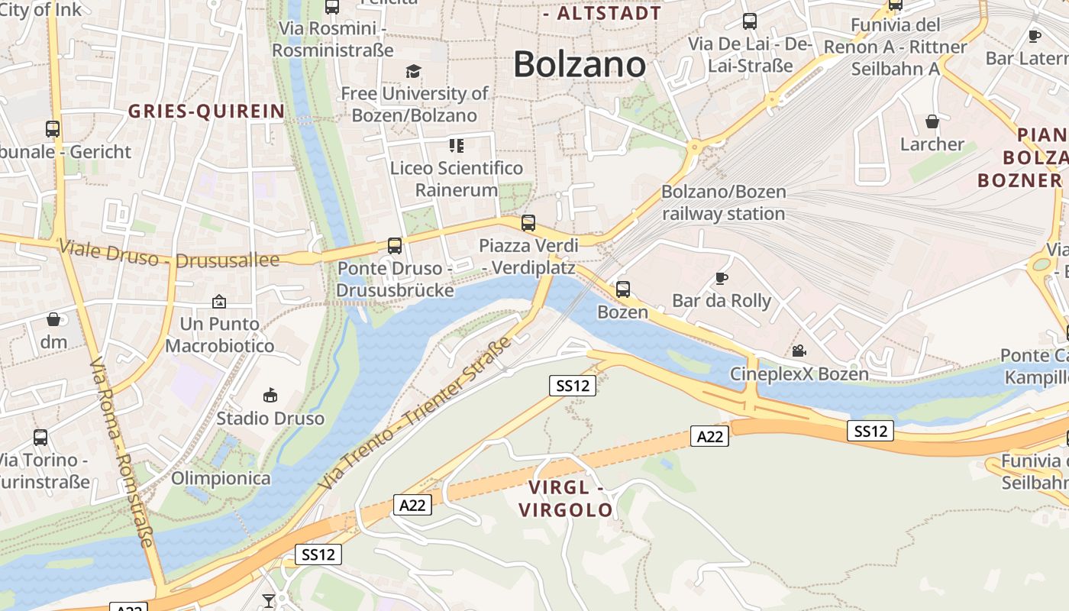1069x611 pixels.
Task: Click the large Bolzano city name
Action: click(x=580, y=64)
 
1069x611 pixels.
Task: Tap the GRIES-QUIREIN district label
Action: click(x=206, y=112)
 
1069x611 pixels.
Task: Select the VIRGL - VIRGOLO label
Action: click(x=566, y=499)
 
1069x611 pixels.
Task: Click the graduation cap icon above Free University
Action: click(x=413, y=71)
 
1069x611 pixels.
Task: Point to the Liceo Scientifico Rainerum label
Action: click(x=457, y=179)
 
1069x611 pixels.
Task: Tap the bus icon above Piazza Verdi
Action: click(x=528, y=223)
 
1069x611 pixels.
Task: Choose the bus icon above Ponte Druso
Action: click(x=394, y=246)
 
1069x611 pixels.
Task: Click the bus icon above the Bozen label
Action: click(x=623, y=289)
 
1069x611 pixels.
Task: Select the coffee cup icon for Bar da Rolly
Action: click(x=722, y=278)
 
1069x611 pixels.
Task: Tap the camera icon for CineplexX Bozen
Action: click(x=799, y=351)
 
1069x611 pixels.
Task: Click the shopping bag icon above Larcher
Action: click(x=932, y=121)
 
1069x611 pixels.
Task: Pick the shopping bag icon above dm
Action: click(x=53, y=319)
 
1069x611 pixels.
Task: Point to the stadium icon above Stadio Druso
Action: click(x=270, y=395)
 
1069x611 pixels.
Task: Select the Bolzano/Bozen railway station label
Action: click(x=723, y=202)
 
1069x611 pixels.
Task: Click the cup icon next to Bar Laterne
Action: click(x=1035, y=36)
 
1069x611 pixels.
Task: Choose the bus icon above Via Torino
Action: click(x=40, y=438)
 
